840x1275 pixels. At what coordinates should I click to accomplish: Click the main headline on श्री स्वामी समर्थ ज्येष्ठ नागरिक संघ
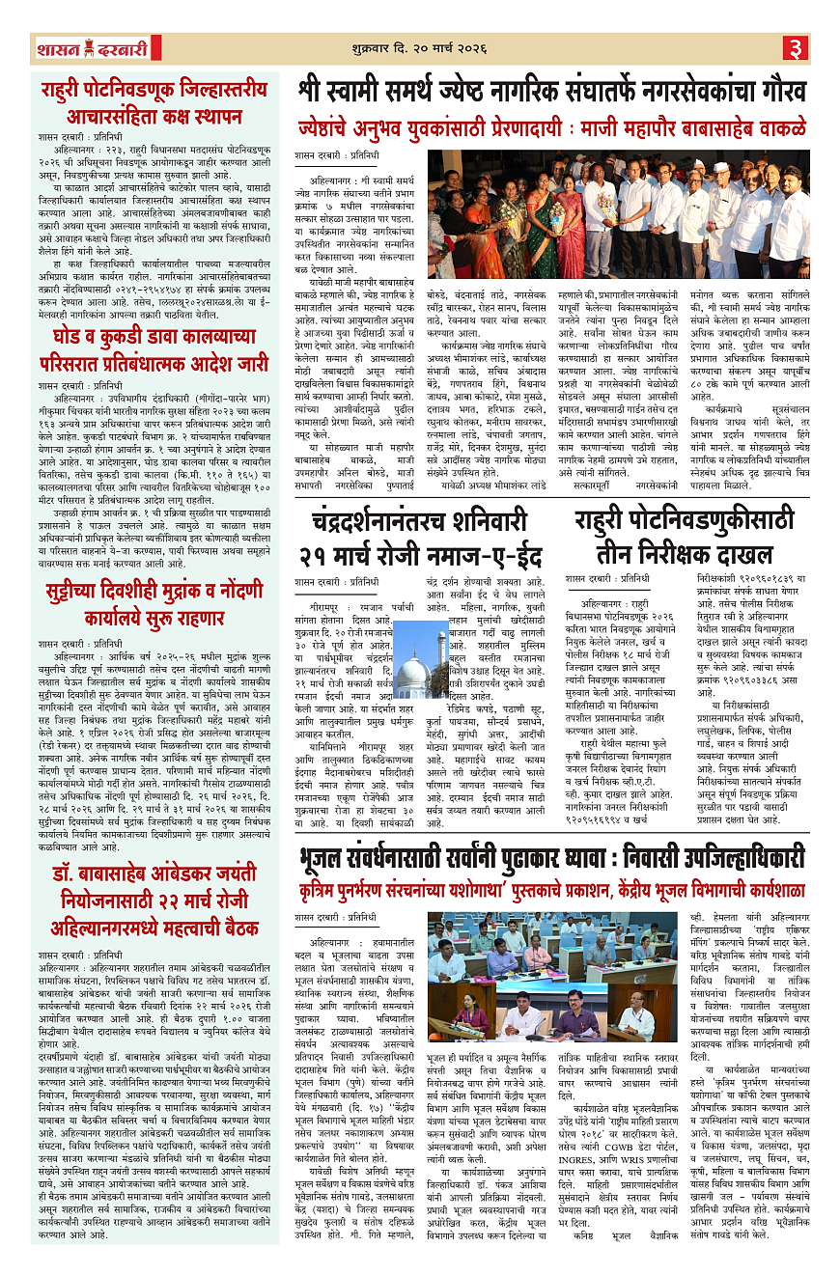551,93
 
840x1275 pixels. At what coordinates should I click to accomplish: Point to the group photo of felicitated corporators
619,213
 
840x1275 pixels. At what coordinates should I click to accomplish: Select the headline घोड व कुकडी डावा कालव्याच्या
154,350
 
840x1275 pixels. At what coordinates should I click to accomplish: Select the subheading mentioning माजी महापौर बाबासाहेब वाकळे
551,127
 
